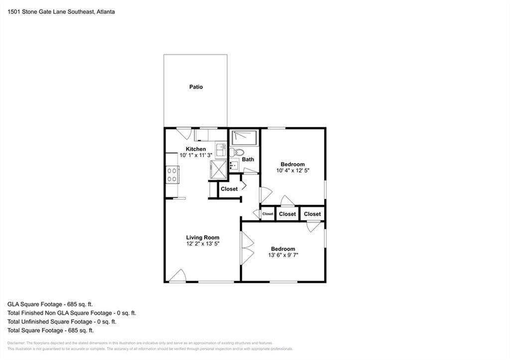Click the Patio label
click(x=196, y=87)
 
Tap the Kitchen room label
click(x=195, y=149)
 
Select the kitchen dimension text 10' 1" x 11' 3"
click(x=196, y=155)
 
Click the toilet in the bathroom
click(x=237, y=152)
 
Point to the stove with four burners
click(x=172, y=175)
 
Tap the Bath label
click(x=248, y=159)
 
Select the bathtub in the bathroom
click(x=244, y=138)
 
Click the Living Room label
click(x=203, y=238)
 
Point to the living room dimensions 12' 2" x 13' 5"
click(x=203, y=243)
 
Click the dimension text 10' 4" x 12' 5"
click(x=293, y=170)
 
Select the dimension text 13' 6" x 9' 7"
click(x=283, y=255)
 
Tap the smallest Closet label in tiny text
click(x=267, y=214)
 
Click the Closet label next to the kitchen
click(x=229, y=189)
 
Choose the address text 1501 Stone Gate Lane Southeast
click(x=51, y=12)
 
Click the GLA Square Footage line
click(x=50, y=304)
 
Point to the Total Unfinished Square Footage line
click(x=62, y=322)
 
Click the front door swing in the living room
click(x=178, y=275)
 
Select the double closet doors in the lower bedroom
click(x=247, y=248)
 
